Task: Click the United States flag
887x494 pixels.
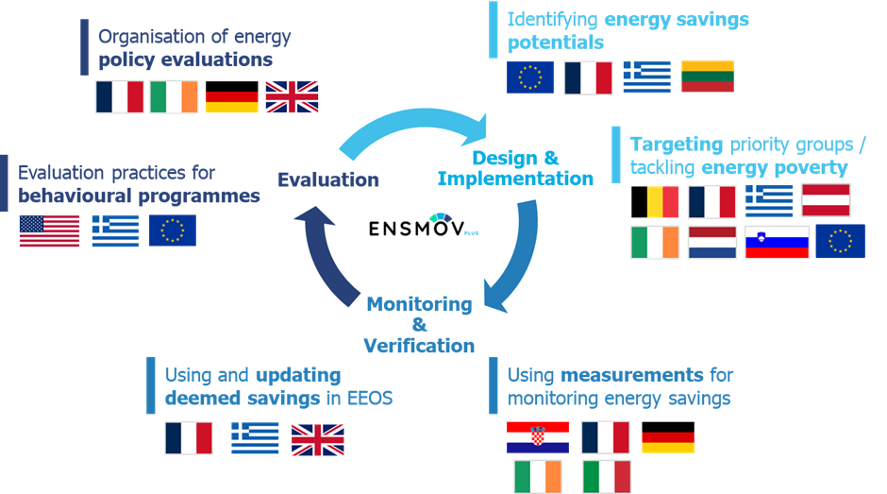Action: tap(49, 230)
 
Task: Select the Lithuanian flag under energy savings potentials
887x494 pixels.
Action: tap(708, 77)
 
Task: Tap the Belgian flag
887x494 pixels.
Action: tap(655, 202)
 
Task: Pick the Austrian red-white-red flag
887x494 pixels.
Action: tap(826, 200)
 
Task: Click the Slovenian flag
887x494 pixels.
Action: tap(777, 243)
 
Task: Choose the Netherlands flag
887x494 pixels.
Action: tap(712, 243)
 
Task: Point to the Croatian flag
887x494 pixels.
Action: tap(538, 437)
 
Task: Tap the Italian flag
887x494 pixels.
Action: tap(607, 477)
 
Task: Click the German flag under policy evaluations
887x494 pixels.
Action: tap(231, 97)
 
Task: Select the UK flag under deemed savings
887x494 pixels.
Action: tap(317, 439)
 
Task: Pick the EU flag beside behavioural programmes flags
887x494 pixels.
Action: tap(173, 230)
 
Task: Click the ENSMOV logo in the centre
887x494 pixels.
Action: tap(423, 226)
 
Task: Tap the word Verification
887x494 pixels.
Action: tap(419, 346)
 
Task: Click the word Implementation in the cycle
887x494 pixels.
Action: tap(515, 179)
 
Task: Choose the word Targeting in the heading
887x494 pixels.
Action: tap(677, 145)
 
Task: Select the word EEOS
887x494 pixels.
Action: tap(369, 399)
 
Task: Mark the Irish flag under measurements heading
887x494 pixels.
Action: tap(538, 477)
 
